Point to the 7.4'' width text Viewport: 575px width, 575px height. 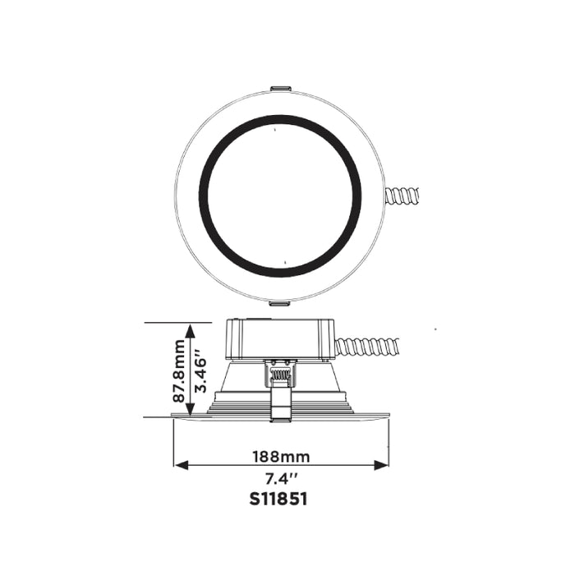pyautogui.click(x=280, y=478)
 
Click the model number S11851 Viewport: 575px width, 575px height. pyautogui.click(x=280, y=499)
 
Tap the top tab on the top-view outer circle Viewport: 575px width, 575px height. pyautogui.click(x=279, y=87)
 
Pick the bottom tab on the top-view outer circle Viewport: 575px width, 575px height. pyautogui.click(x=279, y=302)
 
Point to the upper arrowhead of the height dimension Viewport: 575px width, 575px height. pyautogui.click(x=191, y=330)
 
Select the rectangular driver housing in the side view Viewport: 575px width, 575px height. pyautogui.click(x=279, y=340)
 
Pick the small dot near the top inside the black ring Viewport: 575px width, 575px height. pyautogui.click(x=274, y=130)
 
